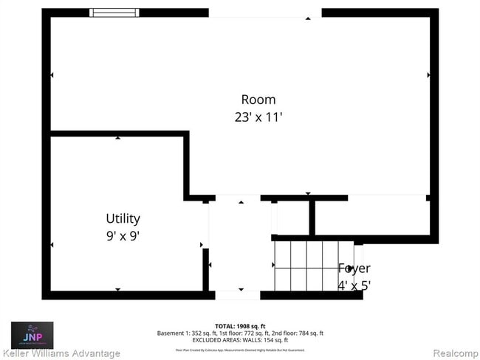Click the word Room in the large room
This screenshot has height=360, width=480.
click(258, 100)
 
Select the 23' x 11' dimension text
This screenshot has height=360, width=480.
click(258, 117)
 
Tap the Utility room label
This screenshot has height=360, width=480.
click(123, 218)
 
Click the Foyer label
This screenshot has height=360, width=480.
click(354, 269)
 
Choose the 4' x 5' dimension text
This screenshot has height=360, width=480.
click(354, 285)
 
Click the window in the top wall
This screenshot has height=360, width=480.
click(114, 13)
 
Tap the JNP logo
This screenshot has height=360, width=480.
click(30, 333)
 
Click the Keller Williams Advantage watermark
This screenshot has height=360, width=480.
click(61, 353)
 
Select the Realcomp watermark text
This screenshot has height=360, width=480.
click(453, 353)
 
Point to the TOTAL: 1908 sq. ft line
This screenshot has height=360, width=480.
click(240, 325)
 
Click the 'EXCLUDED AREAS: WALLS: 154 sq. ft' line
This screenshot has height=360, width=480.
click(240, 340)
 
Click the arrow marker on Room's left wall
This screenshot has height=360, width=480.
click(52, 75)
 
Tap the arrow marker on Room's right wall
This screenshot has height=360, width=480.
click(428, 75)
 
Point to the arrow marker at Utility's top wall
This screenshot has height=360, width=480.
click(117, 137)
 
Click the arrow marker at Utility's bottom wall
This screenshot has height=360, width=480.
click(117, 289)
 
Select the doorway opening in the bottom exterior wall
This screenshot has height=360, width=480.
click(237, 295)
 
